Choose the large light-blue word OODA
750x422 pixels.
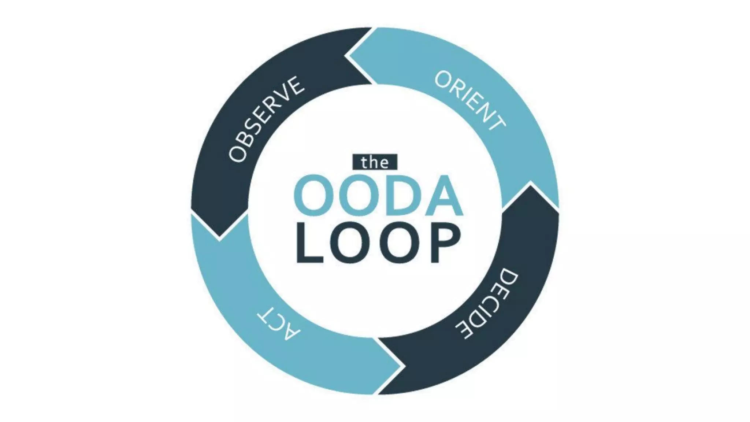pos(379,196)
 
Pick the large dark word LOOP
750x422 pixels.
pos(378,243)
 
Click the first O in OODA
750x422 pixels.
pos(315,196)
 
